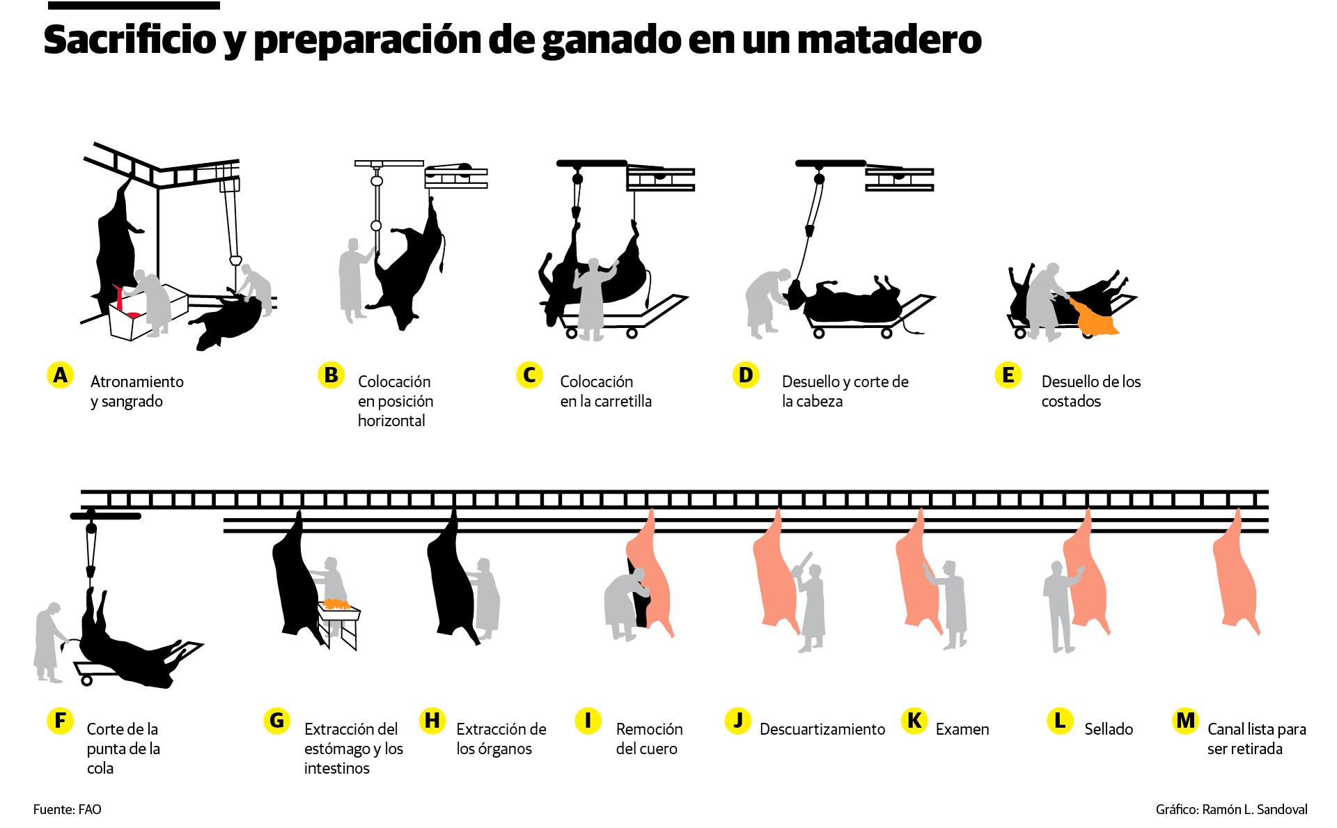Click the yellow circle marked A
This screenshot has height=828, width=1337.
point(61,375)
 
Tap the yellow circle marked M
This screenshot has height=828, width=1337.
point(1184,720)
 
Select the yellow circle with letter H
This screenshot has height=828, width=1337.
point(432,720)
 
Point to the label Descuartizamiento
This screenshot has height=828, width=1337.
point(822,729)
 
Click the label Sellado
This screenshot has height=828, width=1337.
point(1109,729)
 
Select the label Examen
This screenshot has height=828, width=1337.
point(962,729)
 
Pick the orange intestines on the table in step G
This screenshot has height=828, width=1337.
point(336,603)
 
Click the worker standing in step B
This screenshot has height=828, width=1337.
point(353,279)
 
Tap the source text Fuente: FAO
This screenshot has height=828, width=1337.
point(68,810)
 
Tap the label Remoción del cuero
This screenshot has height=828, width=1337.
point(649,739)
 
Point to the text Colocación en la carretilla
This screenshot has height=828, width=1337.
point(605,391)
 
